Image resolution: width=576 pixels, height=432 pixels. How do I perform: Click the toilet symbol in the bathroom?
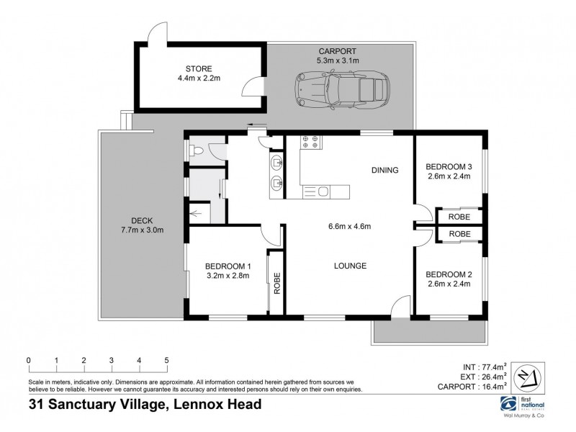196,150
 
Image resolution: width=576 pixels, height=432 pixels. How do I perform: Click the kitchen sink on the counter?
323,191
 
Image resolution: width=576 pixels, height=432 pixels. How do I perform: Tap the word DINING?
385,171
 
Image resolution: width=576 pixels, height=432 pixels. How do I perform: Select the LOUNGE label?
350,266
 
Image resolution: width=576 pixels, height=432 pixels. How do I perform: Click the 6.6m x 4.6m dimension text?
349,228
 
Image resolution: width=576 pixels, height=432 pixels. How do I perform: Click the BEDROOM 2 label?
447,274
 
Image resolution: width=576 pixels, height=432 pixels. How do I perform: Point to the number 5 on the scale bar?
166,360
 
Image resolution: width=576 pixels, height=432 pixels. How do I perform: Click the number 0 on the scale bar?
28,360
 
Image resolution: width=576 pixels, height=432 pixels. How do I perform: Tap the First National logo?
510,402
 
